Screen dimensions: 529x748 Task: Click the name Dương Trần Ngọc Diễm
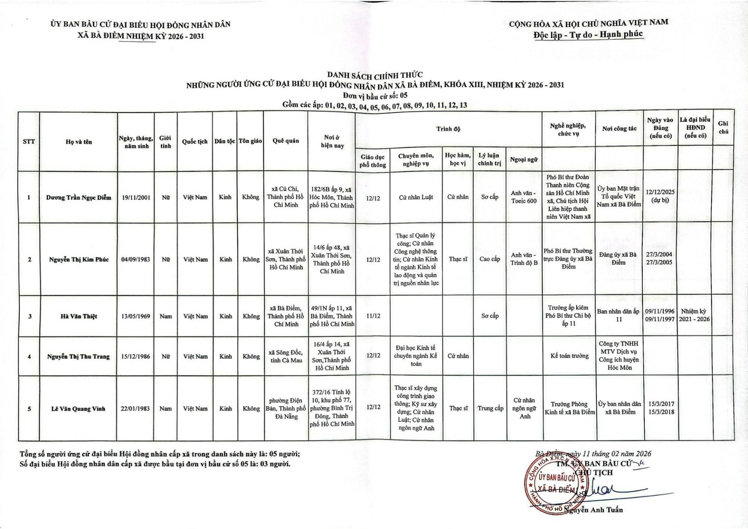point(79,197)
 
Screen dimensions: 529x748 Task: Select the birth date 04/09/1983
point(136,259)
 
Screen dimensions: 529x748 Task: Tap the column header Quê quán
point(286,141)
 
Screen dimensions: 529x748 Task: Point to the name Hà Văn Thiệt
point(79,316)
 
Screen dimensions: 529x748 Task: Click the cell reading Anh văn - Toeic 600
point(524,197)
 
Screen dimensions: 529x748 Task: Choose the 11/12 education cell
point(373,316)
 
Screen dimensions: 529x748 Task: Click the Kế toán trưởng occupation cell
point(569,356)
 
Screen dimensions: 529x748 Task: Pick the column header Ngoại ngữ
point(524,159)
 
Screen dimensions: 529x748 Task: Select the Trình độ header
point(448,129)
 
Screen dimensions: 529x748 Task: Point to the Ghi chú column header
point(723,127)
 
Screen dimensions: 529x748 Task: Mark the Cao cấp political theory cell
point(490,259)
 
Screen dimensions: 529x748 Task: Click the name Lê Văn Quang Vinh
point(78,409)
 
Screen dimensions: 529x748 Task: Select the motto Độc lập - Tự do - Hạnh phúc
point(588,35)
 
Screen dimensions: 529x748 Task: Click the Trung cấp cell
point(490,408)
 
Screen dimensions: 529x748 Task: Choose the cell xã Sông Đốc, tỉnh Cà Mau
point(286,356)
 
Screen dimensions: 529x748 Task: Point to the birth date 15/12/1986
point(136,356)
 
